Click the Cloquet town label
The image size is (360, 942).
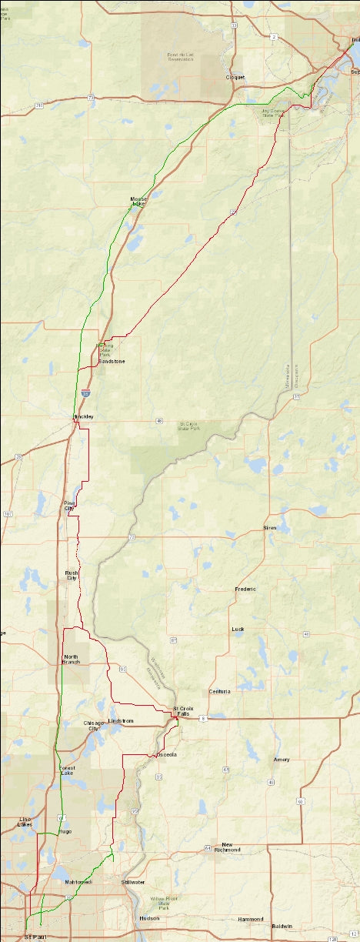(x=235, y=78)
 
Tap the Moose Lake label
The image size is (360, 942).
(x=138, y=202)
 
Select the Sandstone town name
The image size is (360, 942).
(x=112, y=361)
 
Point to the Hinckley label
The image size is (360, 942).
(x=83, y=416)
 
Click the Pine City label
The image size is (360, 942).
(x=69, y=506)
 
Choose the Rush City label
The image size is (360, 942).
(x=72, y=575)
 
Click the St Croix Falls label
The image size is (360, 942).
(x=182, y=710)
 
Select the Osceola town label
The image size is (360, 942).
(x=167, y=755)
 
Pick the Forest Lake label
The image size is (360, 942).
(x=67, y=771)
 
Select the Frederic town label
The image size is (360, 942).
(x=245, y=589)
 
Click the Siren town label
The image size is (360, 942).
(x=270, y=528)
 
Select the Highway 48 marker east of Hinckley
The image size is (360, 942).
(x=158, y=421)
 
